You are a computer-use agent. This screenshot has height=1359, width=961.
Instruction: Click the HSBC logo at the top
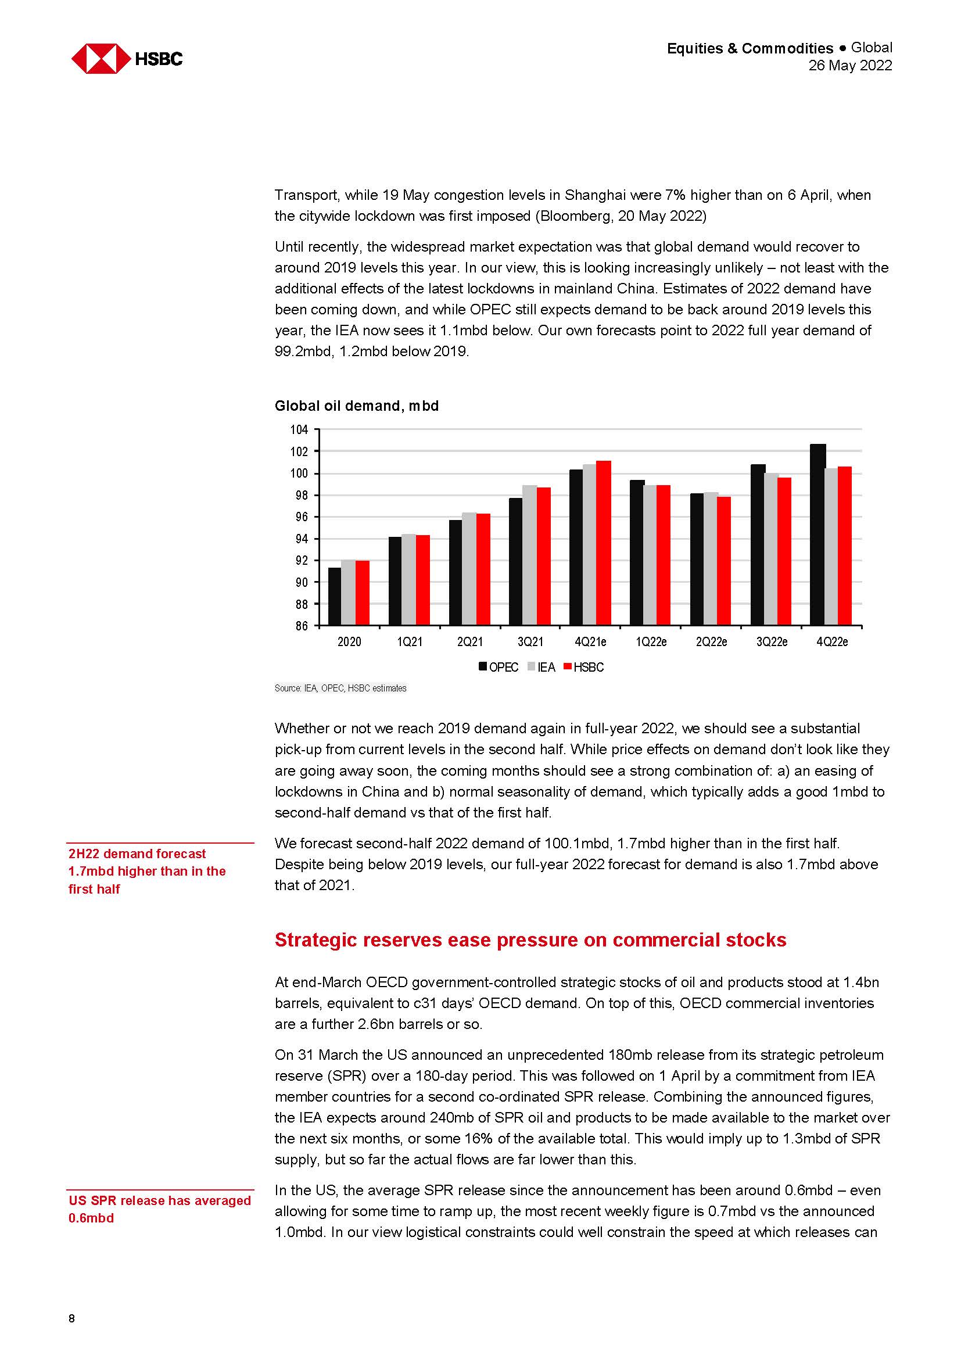(127, 59)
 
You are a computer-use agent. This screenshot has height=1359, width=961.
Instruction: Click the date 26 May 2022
(850, 66)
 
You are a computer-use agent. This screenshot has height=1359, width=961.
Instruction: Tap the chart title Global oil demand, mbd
(356, 406)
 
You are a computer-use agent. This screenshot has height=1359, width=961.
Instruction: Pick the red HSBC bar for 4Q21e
(603, 543)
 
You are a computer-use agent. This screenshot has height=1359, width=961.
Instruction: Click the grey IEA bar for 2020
(348, 593)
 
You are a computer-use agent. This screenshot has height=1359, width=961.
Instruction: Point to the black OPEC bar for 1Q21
(395, 580)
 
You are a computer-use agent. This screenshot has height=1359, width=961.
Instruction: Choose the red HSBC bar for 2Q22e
(723, 561)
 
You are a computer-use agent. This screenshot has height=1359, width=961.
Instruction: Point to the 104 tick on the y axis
(299, 430)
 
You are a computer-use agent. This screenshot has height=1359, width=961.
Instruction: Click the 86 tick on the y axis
(301, 626)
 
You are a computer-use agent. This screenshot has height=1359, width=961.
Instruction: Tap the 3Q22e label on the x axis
(772, 642)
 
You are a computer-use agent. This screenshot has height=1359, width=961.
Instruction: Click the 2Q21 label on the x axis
(470, 642)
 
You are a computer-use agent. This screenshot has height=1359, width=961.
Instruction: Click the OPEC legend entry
(499, 668)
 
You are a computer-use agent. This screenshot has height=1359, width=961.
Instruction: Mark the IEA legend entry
(541, 668)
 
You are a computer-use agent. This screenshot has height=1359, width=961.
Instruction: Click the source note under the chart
(340, 689)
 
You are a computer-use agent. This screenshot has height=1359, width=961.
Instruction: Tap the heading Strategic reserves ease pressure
(530, 940)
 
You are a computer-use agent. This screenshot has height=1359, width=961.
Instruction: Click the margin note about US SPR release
(159, 1209)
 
